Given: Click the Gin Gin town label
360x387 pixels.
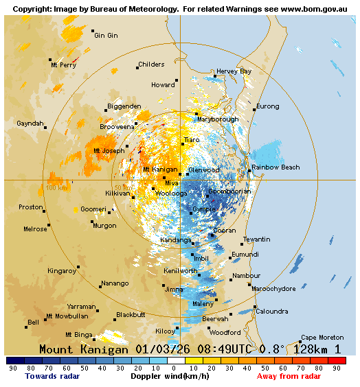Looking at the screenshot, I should click(106, 35).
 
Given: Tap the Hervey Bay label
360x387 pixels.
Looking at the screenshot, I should click(234, 71).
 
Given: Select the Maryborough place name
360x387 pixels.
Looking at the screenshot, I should click(218, 119).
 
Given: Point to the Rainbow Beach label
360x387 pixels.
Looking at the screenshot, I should click(275, 167).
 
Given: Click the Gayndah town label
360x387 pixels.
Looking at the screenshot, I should click(30, 124).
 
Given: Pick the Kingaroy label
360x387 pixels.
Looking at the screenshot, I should click(62, 271).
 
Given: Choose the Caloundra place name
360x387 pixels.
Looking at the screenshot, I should click(272, 312).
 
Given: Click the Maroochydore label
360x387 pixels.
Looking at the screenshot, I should click(274, 288).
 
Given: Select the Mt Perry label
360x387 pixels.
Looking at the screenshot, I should click(63, 65).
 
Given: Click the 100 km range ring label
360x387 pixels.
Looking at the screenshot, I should click(56, 187).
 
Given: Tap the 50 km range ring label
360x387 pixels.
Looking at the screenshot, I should click(122, 187).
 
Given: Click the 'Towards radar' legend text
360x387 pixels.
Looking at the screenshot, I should click(52, 376).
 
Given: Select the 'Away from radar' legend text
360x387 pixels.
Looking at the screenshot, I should click(289, 376).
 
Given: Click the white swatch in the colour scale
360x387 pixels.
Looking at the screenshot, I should click(177, 360).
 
